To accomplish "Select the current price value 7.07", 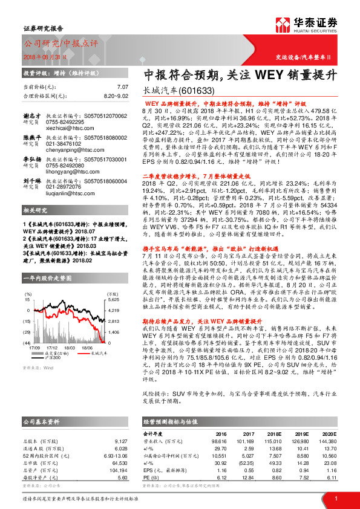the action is click(123, 88).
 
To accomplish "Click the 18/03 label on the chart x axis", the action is click(70, 365).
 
